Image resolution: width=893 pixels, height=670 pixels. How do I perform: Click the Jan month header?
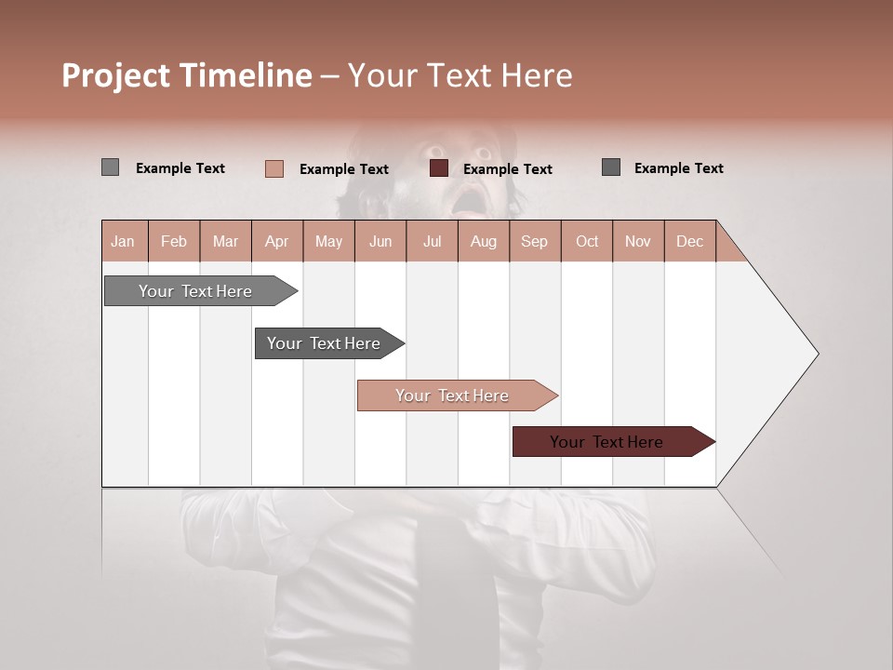pos(124,241)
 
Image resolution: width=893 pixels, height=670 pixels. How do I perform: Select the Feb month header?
pos(174,241)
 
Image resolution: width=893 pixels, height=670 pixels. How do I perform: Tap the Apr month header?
pos(277,241)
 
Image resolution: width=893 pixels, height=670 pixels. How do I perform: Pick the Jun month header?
pos(380,241)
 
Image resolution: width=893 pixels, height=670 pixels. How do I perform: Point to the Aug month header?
pos(484,241)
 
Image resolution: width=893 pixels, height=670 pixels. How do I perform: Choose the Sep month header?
pos(535,241)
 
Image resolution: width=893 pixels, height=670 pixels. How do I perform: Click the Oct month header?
pos(587,241)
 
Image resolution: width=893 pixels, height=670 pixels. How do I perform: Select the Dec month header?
pos(690,241)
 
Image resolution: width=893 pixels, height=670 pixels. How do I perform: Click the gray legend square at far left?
pos(110,167)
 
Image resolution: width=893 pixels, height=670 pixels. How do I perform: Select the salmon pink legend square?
pos(274,168)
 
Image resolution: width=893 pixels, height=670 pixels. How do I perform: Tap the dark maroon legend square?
pos(439,168)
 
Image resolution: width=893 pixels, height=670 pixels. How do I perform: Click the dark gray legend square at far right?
pos(611,167)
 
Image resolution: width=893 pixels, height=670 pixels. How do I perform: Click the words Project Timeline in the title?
pos(187,75)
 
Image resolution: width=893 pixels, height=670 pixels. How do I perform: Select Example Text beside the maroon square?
pos(508,169)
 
